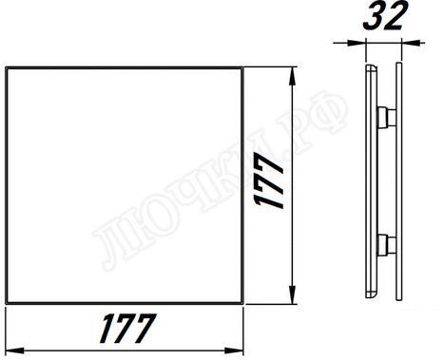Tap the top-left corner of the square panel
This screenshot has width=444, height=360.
[x=7, y=67]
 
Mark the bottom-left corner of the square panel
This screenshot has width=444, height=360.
[x=7, y=304]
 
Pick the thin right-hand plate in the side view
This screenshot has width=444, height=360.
[x=396, y=180]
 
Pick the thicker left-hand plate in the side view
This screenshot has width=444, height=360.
[x=371, y=180]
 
